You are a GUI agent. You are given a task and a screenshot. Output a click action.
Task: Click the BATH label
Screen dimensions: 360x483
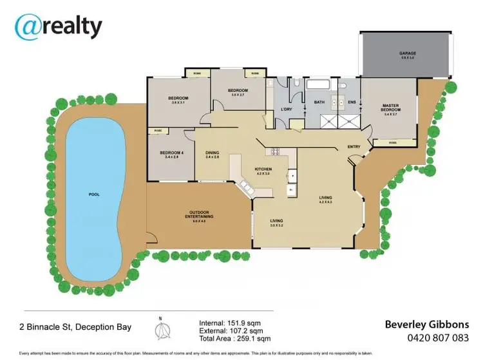click(x=318, y=102)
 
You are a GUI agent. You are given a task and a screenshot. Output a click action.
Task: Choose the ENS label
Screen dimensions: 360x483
click(x=352, y=102)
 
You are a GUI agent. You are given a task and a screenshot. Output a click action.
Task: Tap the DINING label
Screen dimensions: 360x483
click(x=213, y=153)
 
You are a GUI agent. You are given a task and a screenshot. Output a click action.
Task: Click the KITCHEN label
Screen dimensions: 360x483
click(x=263, y=171)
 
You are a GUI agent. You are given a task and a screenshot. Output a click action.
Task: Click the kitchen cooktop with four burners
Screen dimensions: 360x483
click(x=274, y=152)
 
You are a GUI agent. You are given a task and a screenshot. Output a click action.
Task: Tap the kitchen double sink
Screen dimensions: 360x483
click(x=246, y=186)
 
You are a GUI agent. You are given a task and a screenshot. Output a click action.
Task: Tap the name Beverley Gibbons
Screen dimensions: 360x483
click(x=426, y=324)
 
